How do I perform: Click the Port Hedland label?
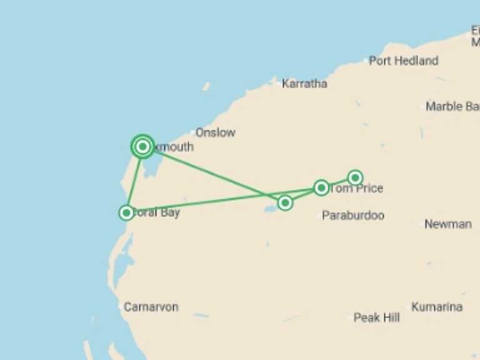click(x=403, y=61)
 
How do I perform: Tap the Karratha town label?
click(x=304, y=83)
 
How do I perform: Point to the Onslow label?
click(x=215, y=132)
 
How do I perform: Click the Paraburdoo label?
click(x=353, y=216)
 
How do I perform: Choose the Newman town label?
click(x=447, y=224)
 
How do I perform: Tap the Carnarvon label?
click(x=151, y=307)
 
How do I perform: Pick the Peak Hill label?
click(x=376, y=317)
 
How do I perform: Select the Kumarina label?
click(x=437, y=307)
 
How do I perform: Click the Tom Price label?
click(x=356, y=188)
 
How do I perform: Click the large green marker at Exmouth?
click(x=142, y=147)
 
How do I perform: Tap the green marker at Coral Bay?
click(x=126, y=212)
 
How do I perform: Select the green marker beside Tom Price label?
click(x=321, y=187)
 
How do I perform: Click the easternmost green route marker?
click(x=355, y=177)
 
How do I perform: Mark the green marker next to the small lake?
click(x=285, y=202)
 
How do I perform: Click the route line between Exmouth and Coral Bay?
click(x=134, y=180)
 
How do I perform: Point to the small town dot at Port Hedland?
click(x=366, y=61)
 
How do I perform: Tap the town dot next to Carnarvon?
click(x=120, y=307)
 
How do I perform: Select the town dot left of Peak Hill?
click(x=351, y=317)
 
